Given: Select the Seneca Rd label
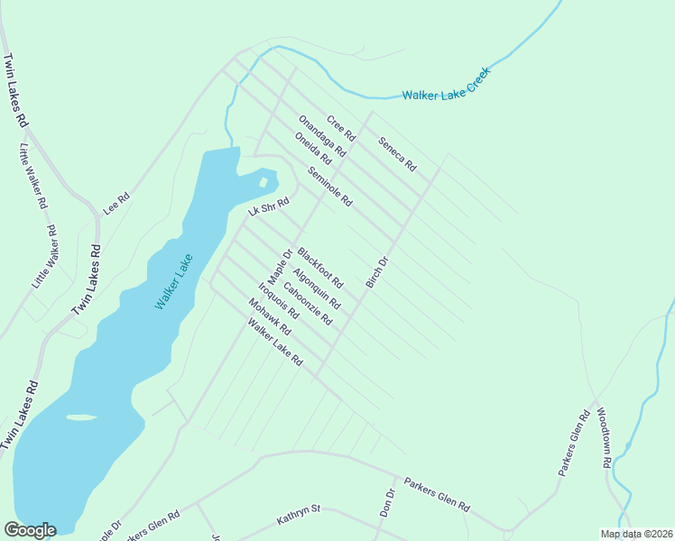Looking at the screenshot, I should (x=397, y=153).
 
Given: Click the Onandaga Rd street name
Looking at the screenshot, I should (x=322, y=137).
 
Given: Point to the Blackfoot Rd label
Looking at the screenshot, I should (x=321, y=269).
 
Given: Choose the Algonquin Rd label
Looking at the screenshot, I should (x=317, y=289).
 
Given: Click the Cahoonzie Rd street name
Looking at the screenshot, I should (x=308, y=304).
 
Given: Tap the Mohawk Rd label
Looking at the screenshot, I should (x=273, y=322).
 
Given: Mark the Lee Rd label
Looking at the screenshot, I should (x=117, y=202).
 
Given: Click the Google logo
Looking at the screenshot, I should (x=30, y=530).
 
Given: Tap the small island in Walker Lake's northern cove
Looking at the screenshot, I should (x=263, y=183).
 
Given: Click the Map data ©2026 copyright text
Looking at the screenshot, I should (x=636, y=534).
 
